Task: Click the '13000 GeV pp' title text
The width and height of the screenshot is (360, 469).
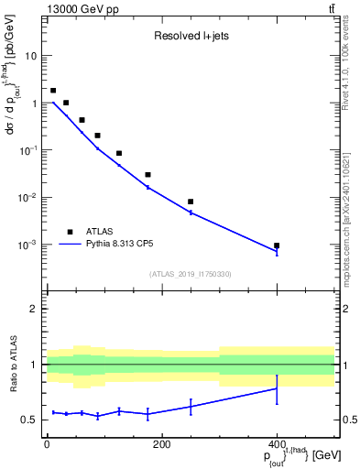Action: (79, 8)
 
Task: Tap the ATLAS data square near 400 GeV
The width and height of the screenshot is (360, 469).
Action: (277, 245)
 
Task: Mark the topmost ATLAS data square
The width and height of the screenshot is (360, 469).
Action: (53, 91)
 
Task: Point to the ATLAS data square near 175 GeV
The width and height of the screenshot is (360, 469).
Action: (147, 174)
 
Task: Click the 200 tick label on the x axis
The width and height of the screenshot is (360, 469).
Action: (161, 445)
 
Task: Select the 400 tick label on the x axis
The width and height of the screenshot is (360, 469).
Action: (277, 445)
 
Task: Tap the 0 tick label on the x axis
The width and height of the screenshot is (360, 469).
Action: (47, 445)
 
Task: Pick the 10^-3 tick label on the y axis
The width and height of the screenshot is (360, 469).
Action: (27, 245)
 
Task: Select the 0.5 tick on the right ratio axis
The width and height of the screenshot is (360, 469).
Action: (347, 420)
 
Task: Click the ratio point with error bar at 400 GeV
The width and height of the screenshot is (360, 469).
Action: (277, 388)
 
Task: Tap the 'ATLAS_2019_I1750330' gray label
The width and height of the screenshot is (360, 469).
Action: (191, 274)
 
